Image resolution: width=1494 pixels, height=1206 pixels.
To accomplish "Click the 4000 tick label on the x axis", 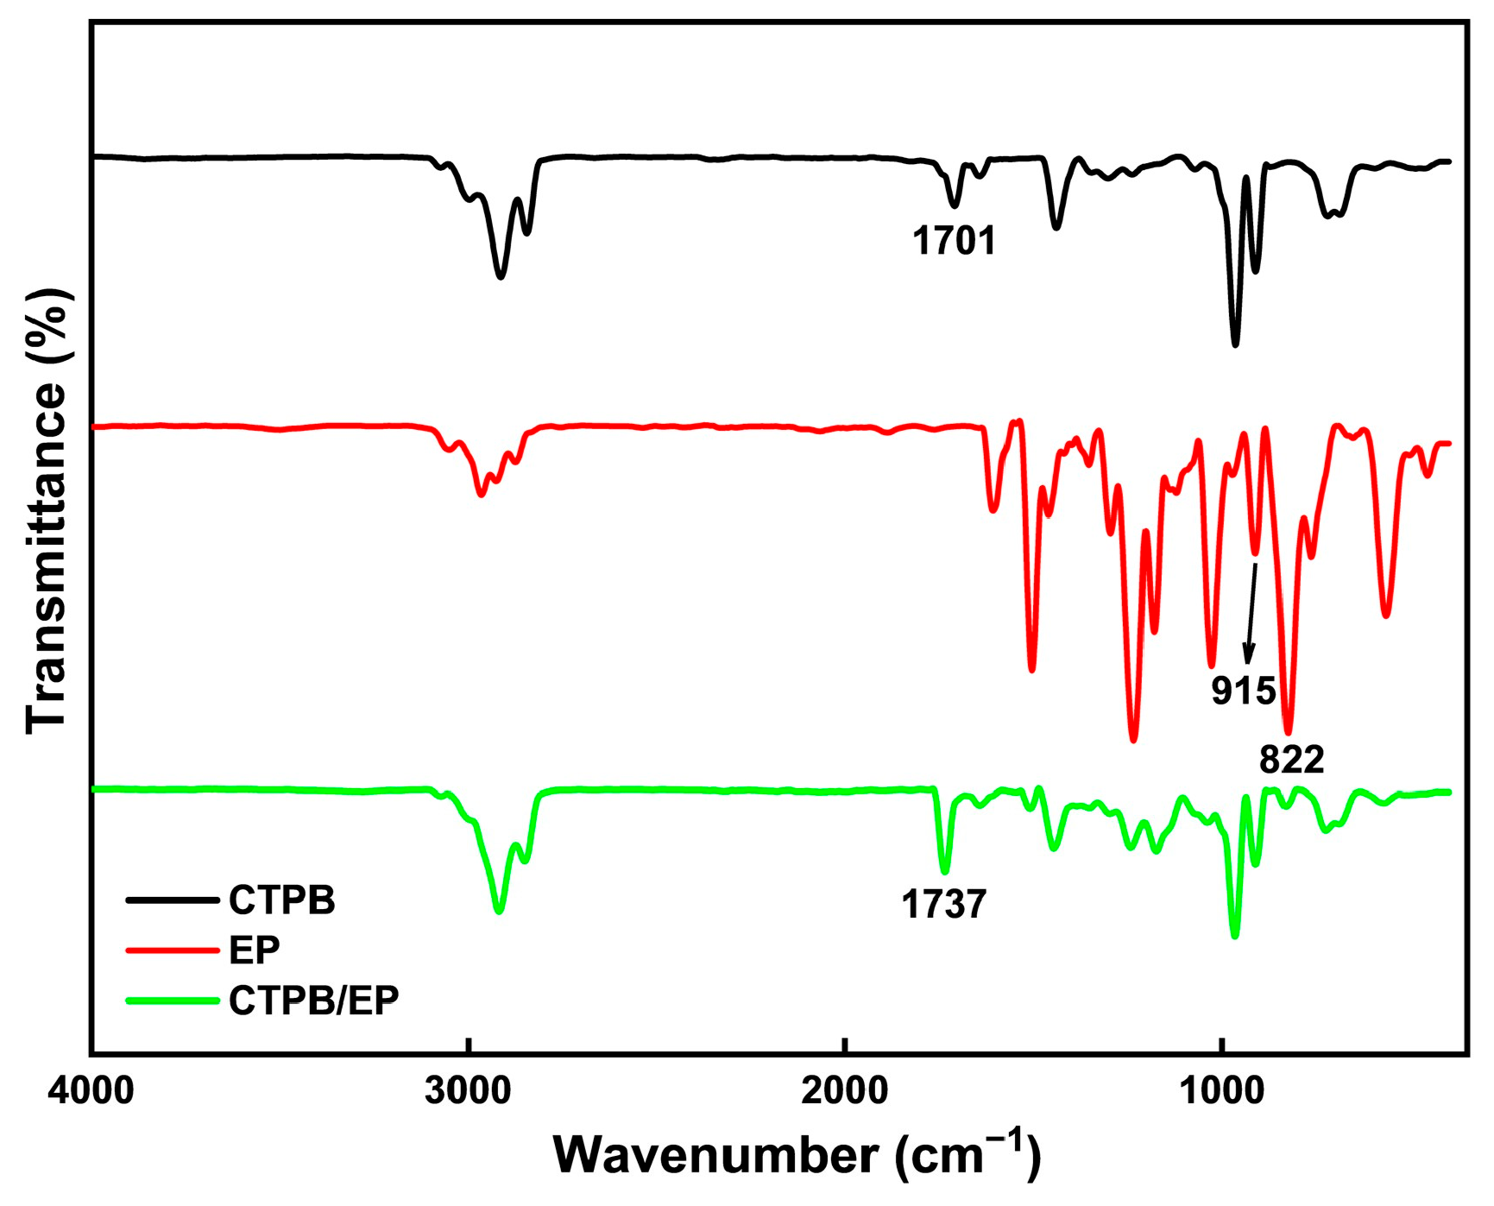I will pos(91,1091).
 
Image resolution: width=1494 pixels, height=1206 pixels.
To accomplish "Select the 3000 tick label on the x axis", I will pos(468,1091).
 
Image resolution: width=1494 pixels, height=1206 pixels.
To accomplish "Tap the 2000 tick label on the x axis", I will pos(845,1091).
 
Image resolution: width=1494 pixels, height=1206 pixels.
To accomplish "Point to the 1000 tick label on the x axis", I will pos(1222,1091).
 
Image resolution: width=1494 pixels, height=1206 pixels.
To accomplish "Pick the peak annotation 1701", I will pos(955,241).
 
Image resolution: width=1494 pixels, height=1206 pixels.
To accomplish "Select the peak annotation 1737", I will pos(943,905).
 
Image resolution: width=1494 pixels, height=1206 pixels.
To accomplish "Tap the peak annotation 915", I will pos(1243,691).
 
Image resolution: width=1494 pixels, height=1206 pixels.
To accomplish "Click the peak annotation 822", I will pos(1291,760).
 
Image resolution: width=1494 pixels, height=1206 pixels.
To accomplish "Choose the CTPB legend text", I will pos(282,900).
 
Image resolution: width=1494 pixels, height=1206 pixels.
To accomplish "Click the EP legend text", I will pos(255,950).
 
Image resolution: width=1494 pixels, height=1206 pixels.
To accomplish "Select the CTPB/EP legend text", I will pos(314,1000).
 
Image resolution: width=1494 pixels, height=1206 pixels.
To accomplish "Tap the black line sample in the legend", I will pos(172,900).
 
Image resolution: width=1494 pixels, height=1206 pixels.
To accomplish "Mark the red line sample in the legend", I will pos(172,950).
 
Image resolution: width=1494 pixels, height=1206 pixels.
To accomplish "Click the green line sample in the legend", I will pos(172,1001).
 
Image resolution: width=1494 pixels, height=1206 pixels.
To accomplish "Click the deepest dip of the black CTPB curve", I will pos(1235,344).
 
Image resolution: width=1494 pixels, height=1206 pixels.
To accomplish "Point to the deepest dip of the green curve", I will pos(1234,936).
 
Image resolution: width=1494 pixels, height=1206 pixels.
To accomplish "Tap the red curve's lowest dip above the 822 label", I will pos(1288,732).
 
